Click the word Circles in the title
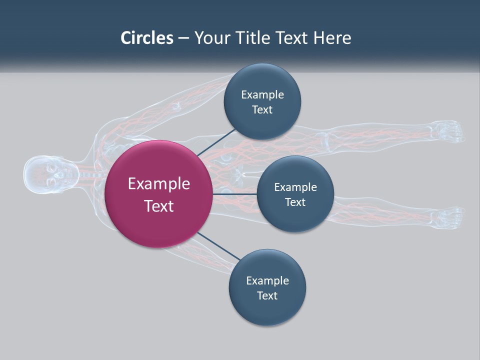coord(147,37)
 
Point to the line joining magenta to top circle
coord(216,142)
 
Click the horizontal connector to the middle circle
coord(234,194)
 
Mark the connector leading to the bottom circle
coord(218,246)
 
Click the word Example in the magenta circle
coord(159,183)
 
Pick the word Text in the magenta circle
coord(159,205)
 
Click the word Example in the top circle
coord(262,94)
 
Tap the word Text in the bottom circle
coord(267,295)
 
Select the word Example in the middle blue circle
coord(295,187)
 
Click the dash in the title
coord(183,38)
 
